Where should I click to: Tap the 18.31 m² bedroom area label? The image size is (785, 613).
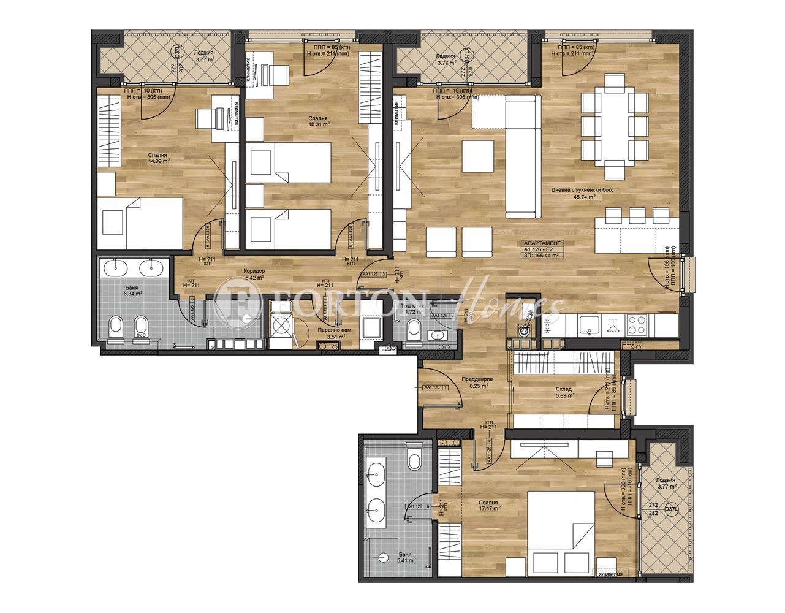click(319, 123)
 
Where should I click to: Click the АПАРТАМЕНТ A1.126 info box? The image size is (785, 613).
click(541, 250)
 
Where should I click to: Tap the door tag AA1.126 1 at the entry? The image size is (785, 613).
click(435, 387)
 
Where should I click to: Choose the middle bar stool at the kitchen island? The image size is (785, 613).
click(637, 215)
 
